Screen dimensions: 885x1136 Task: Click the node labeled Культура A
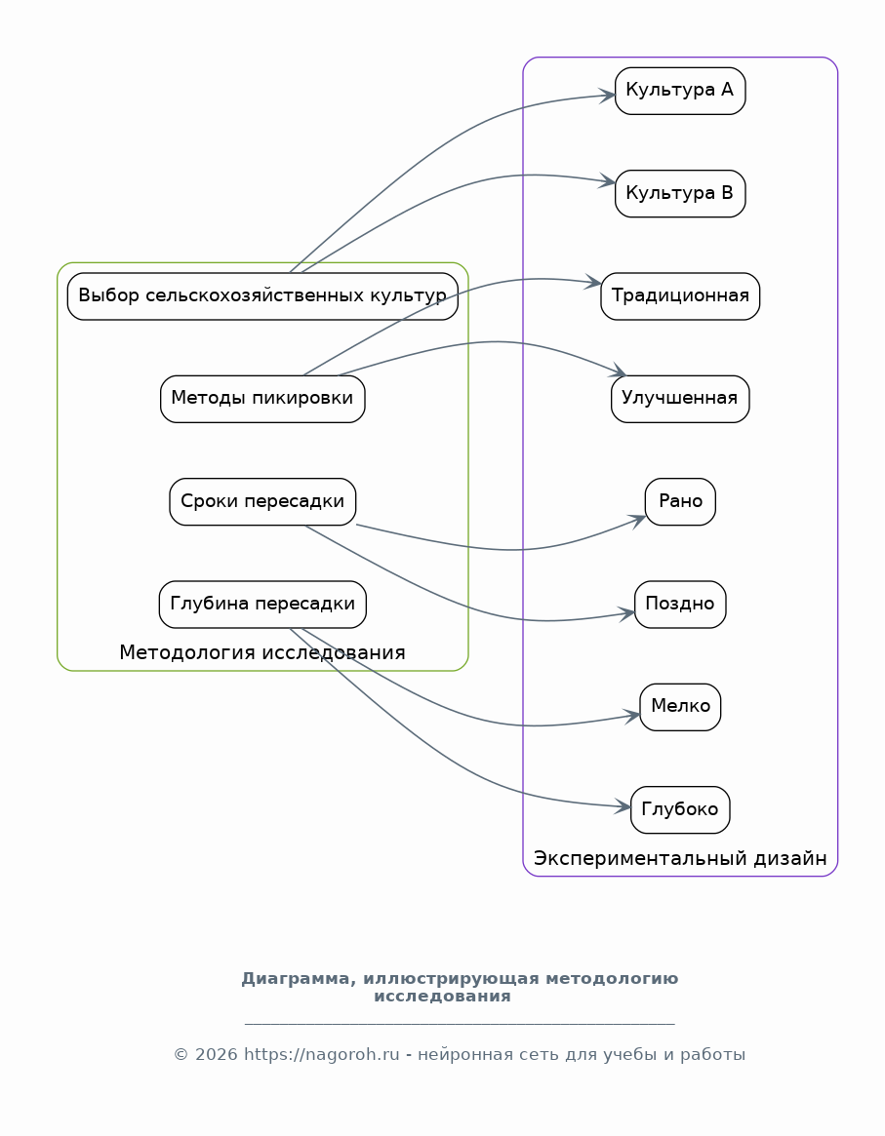[680, 91]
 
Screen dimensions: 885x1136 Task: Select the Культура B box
[680, 193]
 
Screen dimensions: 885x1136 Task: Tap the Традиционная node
[680, 296]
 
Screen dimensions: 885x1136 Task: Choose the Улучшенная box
[680, 399]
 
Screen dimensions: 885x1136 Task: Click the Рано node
[680, 501]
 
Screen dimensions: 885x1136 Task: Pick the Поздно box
[680, 605]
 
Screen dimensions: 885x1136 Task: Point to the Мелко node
[680, 707]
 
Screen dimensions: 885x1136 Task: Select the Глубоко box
[680, 810]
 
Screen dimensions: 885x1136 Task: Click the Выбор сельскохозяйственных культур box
[262, 296]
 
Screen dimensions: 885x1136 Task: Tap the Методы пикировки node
[262, 399]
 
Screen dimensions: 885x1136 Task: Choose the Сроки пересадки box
[262, 501]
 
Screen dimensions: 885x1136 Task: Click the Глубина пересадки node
[262, 605]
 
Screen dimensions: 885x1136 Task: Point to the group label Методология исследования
[262, 652]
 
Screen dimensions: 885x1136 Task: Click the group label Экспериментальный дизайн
[680, 858]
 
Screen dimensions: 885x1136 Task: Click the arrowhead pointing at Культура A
[607, 96]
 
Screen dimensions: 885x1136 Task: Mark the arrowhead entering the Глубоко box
[623, 806]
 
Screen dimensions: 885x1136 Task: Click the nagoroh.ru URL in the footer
[321, 1054]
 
